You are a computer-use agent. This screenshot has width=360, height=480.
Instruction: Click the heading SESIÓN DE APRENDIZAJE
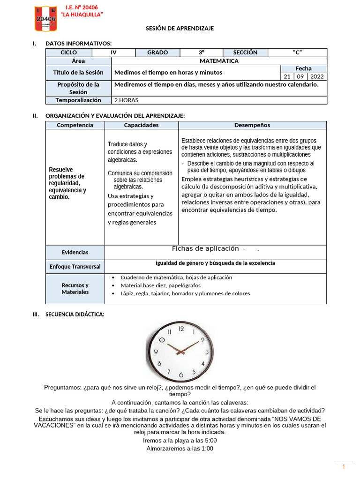[x=180, y=29]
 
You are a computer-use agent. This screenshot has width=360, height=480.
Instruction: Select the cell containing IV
[x=113, y=52]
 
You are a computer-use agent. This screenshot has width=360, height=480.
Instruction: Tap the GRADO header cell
[x=157, y=52]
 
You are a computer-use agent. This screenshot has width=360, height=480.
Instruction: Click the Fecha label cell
[x=303, y=68]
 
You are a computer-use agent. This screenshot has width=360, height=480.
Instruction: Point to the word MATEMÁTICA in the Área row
[x=218, y=61]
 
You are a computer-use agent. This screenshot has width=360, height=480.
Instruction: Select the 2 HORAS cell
[x=126, y=100]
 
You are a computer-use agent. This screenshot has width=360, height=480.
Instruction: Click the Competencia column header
[x=75, y=125]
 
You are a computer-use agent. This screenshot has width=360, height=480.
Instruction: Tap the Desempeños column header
[x=252, y=125]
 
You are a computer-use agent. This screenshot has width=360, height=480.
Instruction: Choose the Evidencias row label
[x=75, y=252]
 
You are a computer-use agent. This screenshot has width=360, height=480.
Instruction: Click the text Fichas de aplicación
[x=205, y=248]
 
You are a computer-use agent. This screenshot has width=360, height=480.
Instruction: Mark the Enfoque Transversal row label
[x=75, y=267]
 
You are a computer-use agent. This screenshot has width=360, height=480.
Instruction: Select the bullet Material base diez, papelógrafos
[x=160, y=285]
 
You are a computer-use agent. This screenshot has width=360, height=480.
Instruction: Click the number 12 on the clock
[x=181, y=329]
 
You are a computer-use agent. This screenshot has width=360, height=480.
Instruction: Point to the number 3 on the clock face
[x=207, y=352]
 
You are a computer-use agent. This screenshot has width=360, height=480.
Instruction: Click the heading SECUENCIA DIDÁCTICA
[x=75, y=315]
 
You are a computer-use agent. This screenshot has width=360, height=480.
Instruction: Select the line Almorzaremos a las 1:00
[x=180, y=449]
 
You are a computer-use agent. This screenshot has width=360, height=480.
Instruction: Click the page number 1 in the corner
[x=343, y=466]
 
